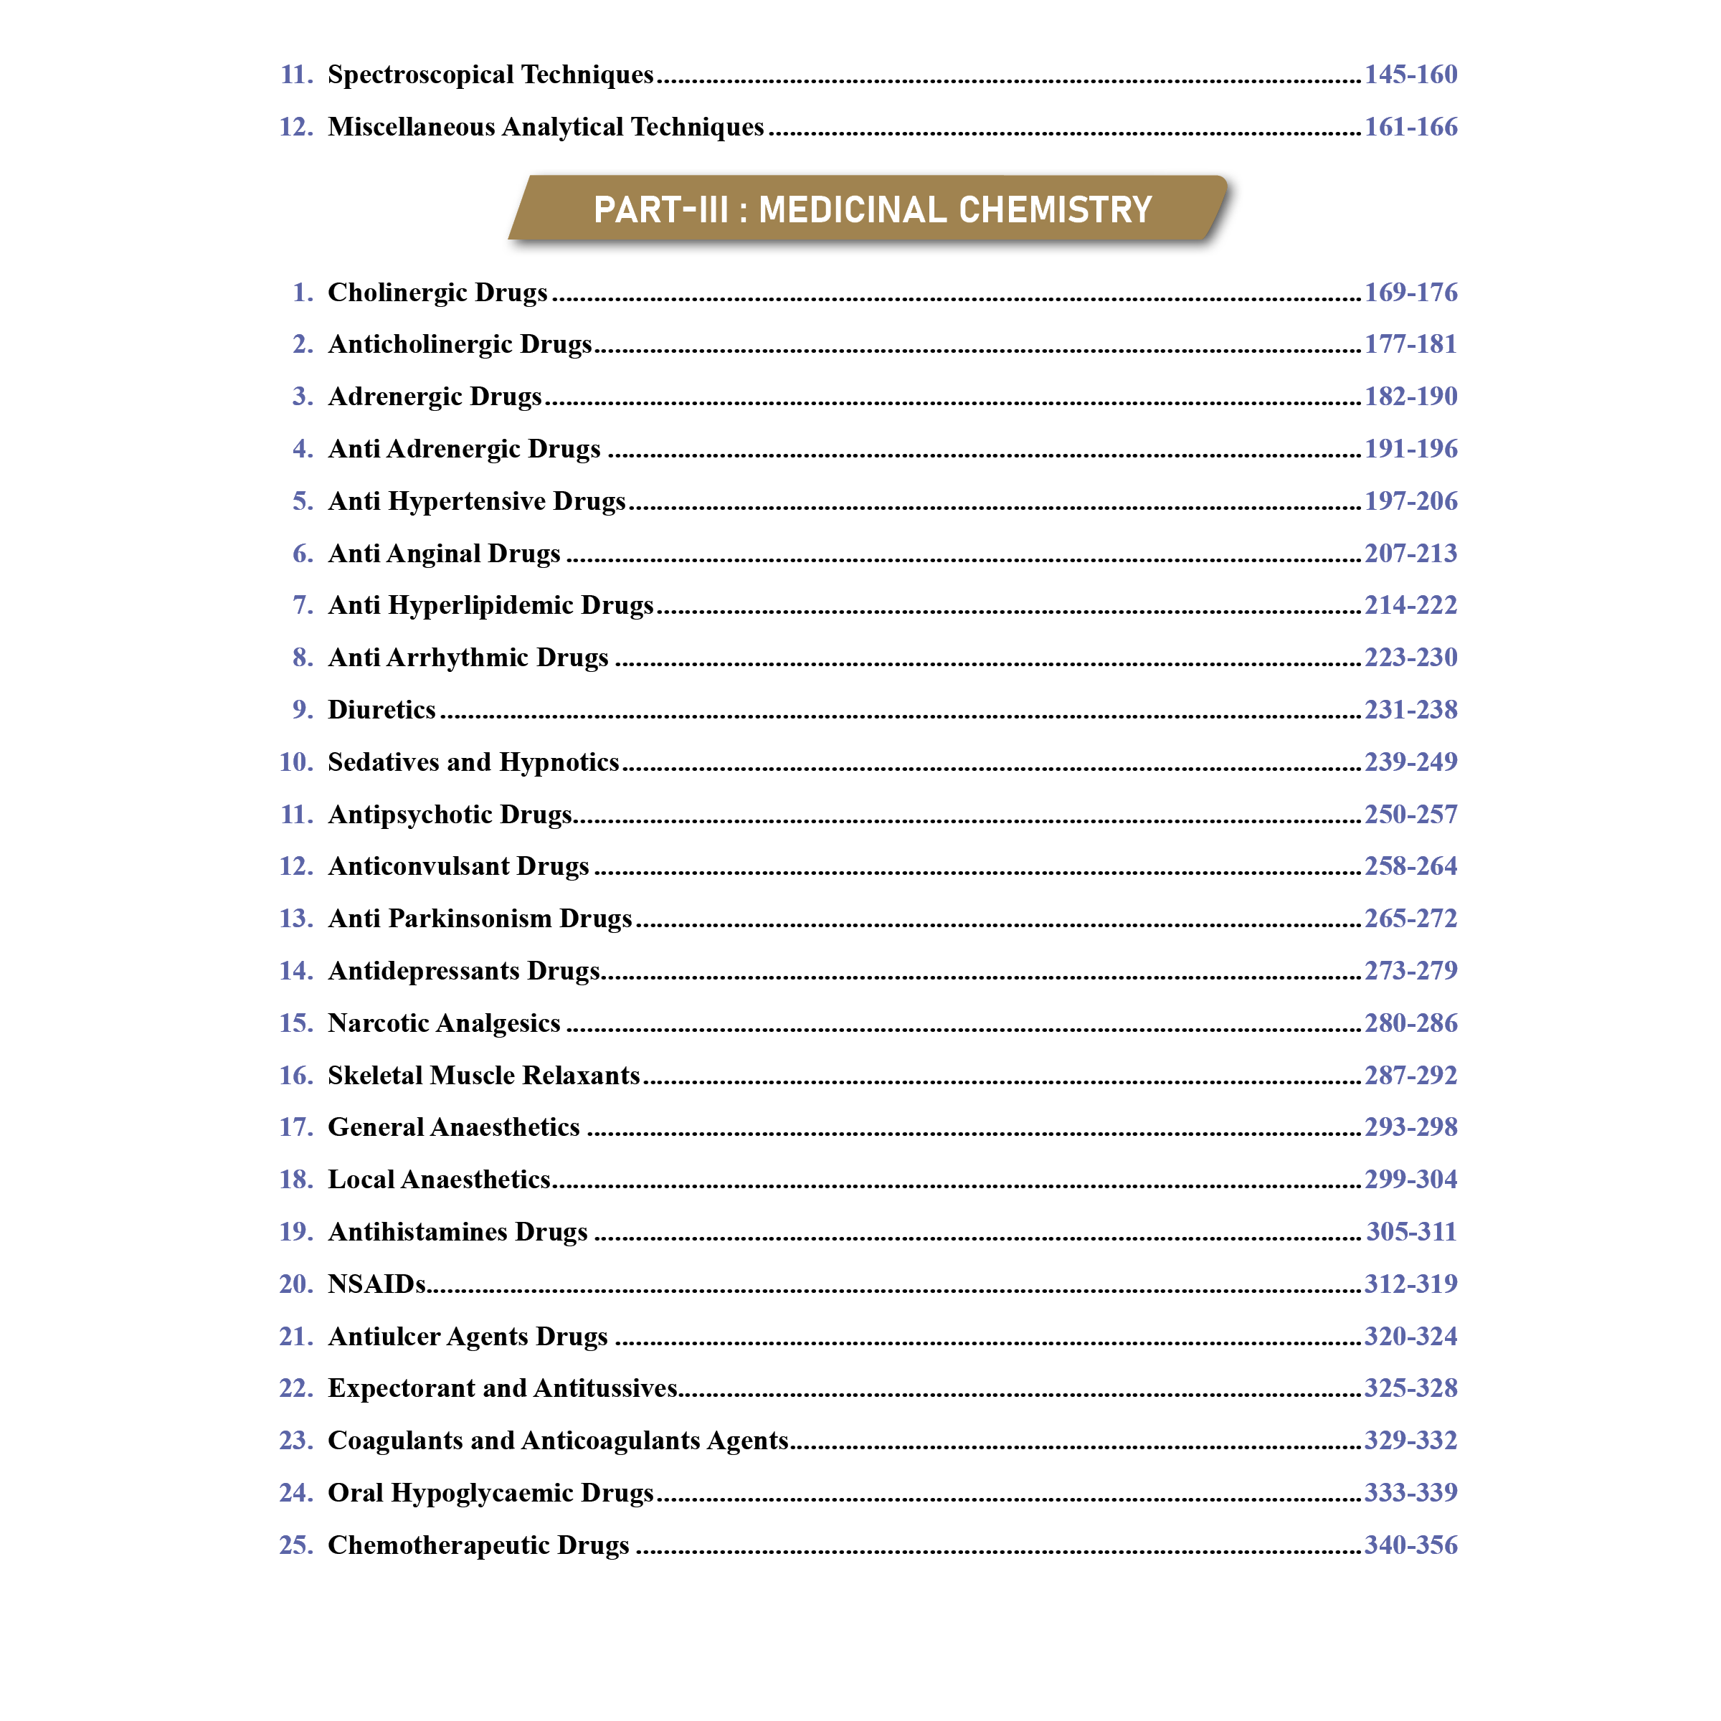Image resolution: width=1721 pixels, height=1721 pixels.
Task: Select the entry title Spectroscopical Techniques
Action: [x=490, y=74]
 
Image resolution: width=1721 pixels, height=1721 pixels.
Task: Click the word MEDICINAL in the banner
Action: [x=853, y=210]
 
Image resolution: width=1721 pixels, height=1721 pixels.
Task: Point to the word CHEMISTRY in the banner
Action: [x=1056, y=210]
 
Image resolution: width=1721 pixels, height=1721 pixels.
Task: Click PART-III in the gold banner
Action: [x=661, y=210]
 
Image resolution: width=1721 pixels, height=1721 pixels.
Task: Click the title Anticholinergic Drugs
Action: [x=460, y=344]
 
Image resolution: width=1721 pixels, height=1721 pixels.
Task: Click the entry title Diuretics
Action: [x=381, y=710]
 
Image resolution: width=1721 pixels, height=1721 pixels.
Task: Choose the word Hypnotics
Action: [x=559, y=762]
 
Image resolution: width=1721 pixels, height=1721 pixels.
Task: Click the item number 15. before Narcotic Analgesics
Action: [x=295, y=1023]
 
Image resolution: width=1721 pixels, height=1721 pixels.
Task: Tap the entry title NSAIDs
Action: [x=376, y=1284]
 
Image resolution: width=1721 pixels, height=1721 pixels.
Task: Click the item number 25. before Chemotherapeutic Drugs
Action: [x=295, y=1545]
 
